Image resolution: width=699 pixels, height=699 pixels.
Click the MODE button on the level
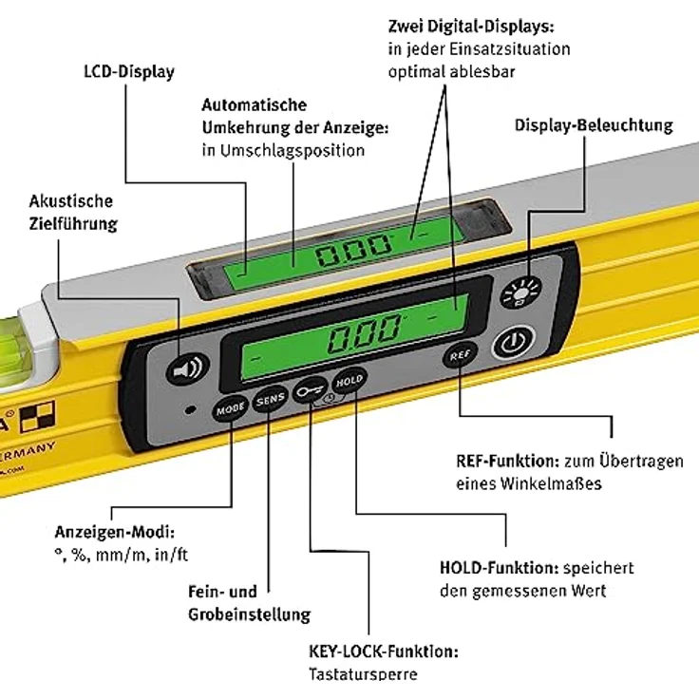231,409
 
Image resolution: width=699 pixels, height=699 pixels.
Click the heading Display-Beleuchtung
594,125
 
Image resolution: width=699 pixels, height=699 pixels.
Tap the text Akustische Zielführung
72,213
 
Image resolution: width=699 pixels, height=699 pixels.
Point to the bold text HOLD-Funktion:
499,568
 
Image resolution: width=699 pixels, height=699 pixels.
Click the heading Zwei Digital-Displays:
471,25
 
